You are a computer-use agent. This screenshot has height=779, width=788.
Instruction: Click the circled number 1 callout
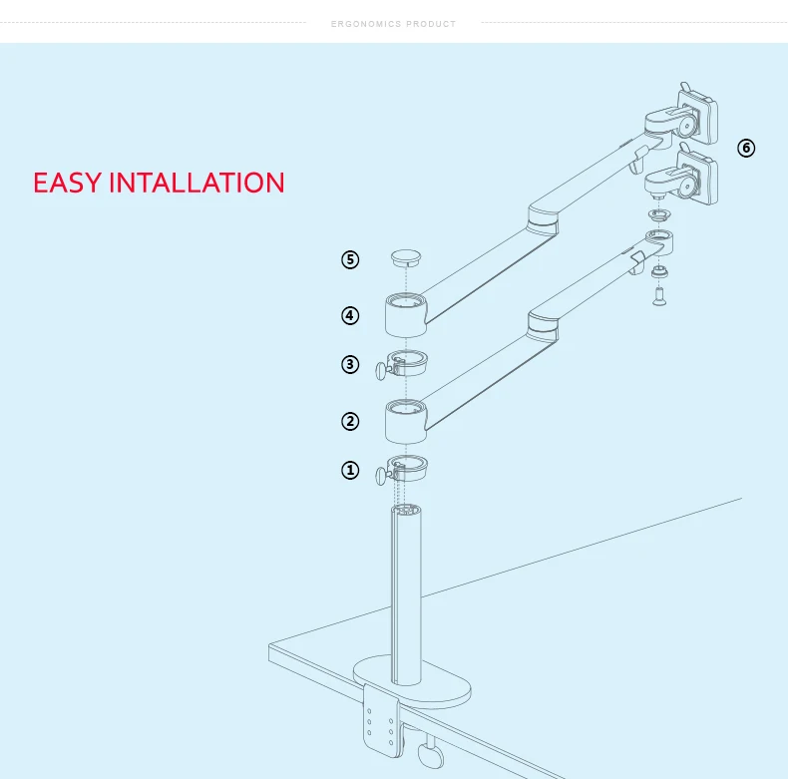pos(350,471)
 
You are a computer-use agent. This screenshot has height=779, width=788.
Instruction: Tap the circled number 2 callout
pos(350,421)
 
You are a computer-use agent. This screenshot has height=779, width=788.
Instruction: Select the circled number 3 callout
pos(350,364)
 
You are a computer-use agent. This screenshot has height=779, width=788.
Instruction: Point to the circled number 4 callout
pos(350,316)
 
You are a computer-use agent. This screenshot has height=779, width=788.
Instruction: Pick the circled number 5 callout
pos(350,260)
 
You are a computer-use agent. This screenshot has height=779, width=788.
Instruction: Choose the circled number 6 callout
pos(746,149)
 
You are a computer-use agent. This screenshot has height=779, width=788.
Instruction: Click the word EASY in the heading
pos(67,184)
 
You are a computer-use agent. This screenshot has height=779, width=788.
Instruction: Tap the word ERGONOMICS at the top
pos(366,24)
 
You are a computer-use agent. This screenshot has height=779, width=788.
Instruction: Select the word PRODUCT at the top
pos(431,24)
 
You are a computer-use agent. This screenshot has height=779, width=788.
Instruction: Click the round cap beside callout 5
pos(406,258)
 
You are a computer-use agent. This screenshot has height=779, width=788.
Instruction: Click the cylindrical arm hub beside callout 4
pos(405,314)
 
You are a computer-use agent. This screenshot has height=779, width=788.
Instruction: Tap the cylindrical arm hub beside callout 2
pos(405,421)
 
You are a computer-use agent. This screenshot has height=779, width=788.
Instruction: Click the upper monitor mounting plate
pos(698,118)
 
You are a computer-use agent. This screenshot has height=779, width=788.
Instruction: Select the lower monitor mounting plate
pos(697,178)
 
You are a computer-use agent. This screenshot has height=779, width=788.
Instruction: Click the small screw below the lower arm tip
pos(659,294)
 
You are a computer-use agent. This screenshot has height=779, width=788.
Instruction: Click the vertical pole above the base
pos(404,588)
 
